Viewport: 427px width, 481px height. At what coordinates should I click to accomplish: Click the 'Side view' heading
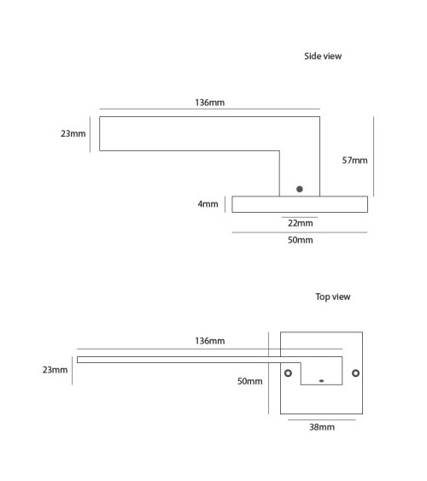point(323,56)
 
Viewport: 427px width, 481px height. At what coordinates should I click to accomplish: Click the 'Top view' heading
point(333,296)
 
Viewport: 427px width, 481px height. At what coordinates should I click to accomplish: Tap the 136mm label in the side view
point(210,103)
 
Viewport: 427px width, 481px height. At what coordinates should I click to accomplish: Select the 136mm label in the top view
point(210,341)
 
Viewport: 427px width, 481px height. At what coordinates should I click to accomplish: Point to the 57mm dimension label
point(354,160)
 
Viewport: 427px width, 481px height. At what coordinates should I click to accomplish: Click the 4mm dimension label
point(208,204)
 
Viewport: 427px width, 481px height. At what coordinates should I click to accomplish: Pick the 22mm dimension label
point(301,223)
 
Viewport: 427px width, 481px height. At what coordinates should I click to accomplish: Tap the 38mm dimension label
point(322,427)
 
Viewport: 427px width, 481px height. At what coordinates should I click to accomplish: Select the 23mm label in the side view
point(73,133)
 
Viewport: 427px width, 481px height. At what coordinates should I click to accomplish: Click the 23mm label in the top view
point(55,370)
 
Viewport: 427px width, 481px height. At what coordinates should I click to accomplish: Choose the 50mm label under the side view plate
point(301,240)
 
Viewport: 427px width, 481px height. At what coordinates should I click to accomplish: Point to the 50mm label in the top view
point(250,381)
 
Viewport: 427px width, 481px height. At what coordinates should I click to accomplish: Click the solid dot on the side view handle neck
point(300,190)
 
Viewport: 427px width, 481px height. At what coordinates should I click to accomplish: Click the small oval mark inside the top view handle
point(321,381)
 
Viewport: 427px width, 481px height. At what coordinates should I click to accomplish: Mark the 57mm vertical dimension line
point(374,156)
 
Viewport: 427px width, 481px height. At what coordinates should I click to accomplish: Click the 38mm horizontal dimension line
point(322,419)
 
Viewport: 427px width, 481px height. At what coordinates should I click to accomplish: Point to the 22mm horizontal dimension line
point(300,217)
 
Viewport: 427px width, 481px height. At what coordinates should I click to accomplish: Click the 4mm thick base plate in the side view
point(300,204)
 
